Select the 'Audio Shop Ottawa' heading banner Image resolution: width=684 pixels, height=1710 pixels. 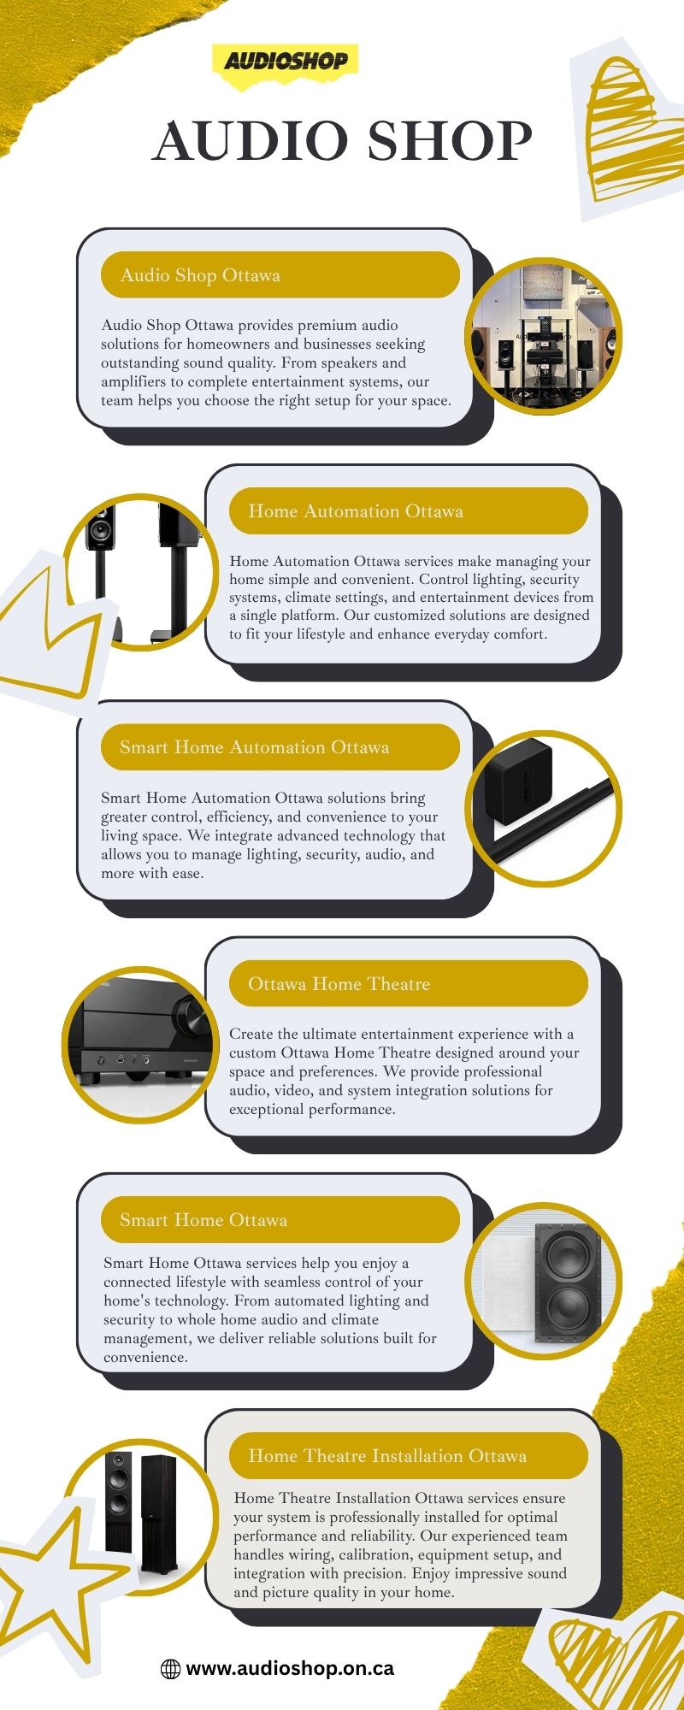coord(280,275)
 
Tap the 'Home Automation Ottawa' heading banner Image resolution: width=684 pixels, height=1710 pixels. coord(409,511)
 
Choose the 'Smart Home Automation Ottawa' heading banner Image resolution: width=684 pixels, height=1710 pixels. coord(280,747)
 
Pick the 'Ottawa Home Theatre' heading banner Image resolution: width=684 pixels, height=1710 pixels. coord(409,983)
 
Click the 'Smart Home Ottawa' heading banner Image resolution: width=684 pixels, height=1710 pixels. coord(280,1219)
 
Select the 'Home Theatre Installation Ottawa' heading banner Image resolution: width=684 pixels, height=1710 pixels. coord(409,1455)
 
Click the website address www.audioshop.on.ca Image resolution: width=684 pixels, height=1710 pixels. coord(290,1668)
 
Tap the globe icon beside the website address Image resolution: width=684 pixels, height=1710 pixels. coord(171,1669)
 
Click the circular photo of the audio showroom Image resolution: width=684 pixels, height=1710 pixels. coord(543,336)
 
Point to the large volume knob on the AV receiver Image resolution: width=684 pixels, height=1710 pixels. coord(192,1017)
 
